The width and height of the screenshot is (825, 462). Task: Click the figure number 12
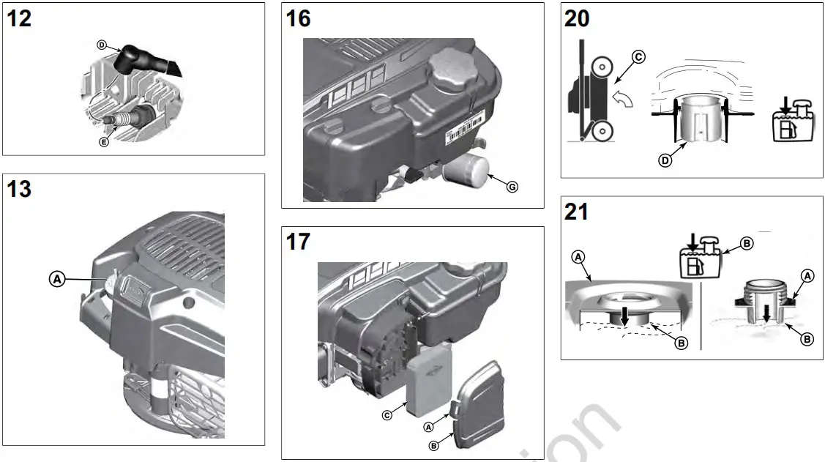coord(20,18)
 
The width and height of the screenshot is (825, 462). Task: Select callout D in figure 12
coord(102,45)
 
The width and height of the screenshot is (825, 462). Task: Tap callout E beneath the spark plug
coord(103,142)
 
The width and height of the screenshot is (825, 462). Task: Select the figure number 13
coord(20,190)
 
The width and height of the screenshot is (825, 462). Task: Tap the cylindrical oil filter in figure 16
coord(465,173)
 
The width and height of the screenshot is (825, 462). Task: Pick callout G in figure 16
coord(512,187)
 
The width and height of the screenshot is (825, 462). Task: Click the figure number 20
coord(578,18)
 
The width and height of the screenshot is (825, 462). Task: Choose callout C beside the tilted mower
coord(638,57)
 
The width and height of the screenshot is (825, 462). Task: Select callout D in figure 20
coord(665,160)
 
